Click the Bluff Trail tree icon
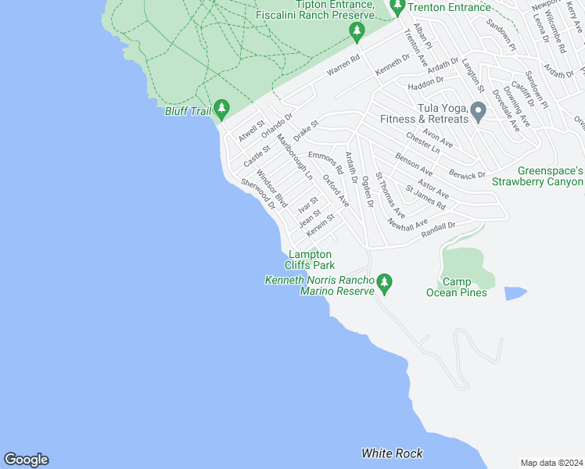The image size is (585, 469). click(x=222, y=107)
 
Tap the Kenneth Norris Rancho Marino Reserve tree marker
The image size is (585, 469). click(x=383, y=281)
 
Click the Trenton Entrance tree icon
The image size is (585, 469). click(x=397, y=8)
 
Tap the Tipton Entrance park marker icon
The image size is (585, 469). click(x=357, y=31)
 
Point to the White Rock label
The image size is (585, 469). click(x=392, y=453)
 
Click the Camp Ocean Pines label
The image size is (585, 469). click(x=457, y=287)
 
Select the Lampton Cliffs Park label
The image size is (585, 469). click(x=310, y=260)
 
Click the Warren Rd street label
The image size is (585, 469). click(x=343, y=66)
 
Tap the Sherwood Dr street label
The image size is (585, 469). click(x=258, y=193)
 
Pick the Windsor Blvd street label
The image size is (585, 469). click(x=272, y=188)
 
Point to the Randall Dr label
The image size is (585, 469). click(x=438, y=227)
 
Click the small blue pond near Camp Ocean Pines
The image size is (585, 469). click(x=515, y=293)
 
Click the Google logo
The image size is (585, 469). click(x=26, y=460)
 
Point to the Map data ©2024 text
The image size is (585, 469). click(x=551, y=463)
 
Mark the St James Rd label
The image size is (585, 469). click(x=425, y=197)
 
